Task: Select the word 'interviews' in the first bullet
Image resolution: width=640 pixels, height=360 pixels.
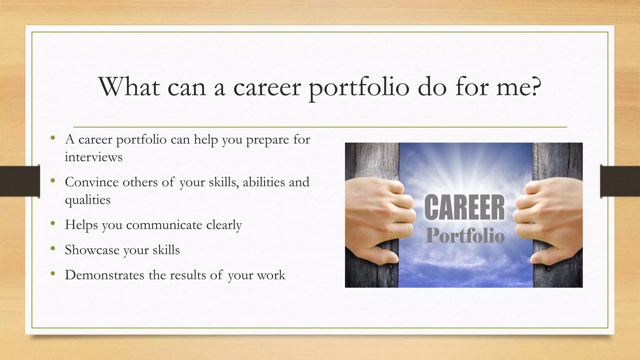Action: pos(93,157)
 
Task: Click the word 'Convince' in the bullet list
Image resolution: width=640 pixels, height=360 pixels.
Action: pos(92,182)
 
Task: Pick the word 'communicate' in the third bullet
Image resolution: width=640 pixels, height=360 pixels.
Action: pos(164,225)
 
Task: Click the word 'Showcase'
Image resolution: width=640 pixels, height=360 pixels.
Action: pos(92,250)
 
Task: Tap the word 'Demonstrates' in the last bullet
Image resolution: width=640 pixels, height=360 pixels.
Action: pos(104,275)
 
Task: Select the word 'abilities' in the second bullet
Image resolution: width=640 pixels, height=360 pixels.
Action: pos(263,182)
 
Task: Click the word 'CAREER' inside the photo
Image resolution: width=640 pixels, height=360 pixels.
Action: pos(464,207)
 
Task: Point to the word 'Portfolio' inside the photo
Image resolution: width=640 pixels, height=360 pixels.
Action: pos(465,236)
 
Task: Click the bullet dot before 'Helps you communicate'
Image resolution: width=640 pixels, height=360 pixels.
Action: pos(53,224)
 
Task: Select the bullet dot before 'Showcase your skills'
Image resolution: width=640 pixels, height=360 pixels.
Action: pos(53,249)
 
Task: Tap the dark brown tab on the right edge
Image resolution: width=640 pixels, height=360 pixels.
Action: pos(620,181)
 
